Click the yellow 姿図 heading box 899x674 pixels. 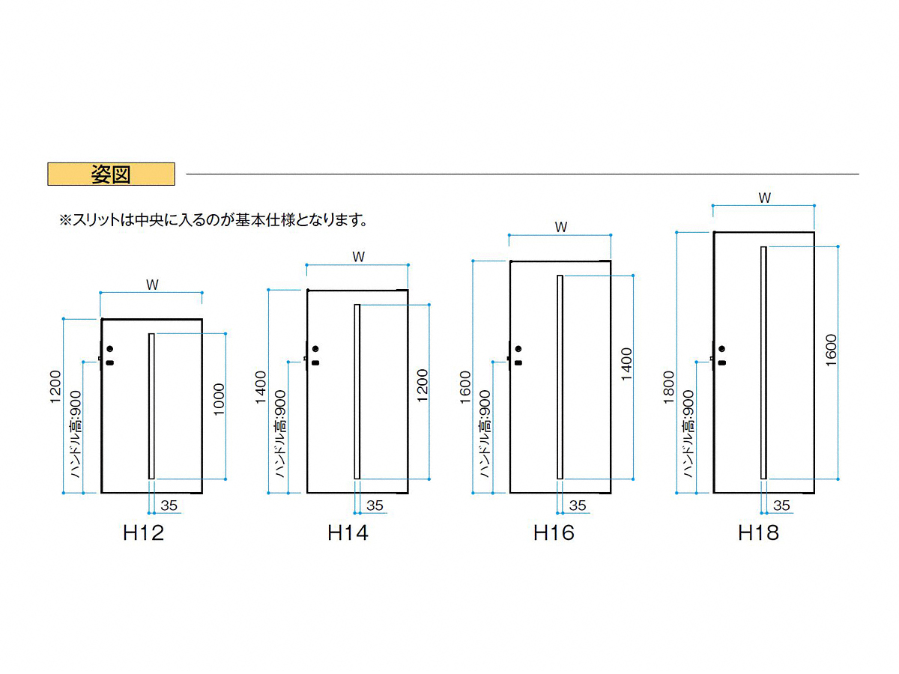coord(111,174)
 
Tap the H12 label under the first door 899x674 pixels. coord(143,532)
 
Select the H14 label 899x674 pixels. coord(348,532)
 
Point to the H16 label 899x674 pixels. coord(554,532)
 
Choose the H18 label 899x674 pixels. coord(758,532)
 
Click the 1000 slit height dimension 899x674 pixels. coord(219,399)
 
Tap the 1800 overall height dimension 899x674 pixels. coord(668,387)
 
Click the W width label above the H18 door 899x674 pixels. coord(764,198)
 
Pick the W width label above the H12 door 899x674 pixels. coord(152,285)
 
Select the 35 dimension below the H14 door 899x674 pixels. coord(375,506)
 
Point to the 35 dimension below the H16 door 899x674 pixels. coord(578,506)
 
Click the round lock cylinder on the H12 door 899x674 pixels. coord(110,349)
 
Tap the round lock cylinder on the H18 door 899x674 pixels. coord(721,349)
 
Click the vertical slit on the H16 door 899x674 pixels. coord(560,377)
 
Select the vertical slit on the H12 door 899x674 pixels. coord(151,406)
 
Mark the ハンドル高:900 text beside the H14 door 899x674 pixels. coord(280,434)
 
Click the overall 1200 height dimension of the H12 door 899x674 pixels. coord(55,386)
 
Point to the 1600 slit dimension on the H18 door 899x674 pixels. coord(831,350)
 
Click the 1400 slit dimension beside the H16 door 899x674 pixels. coord(626,364)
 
